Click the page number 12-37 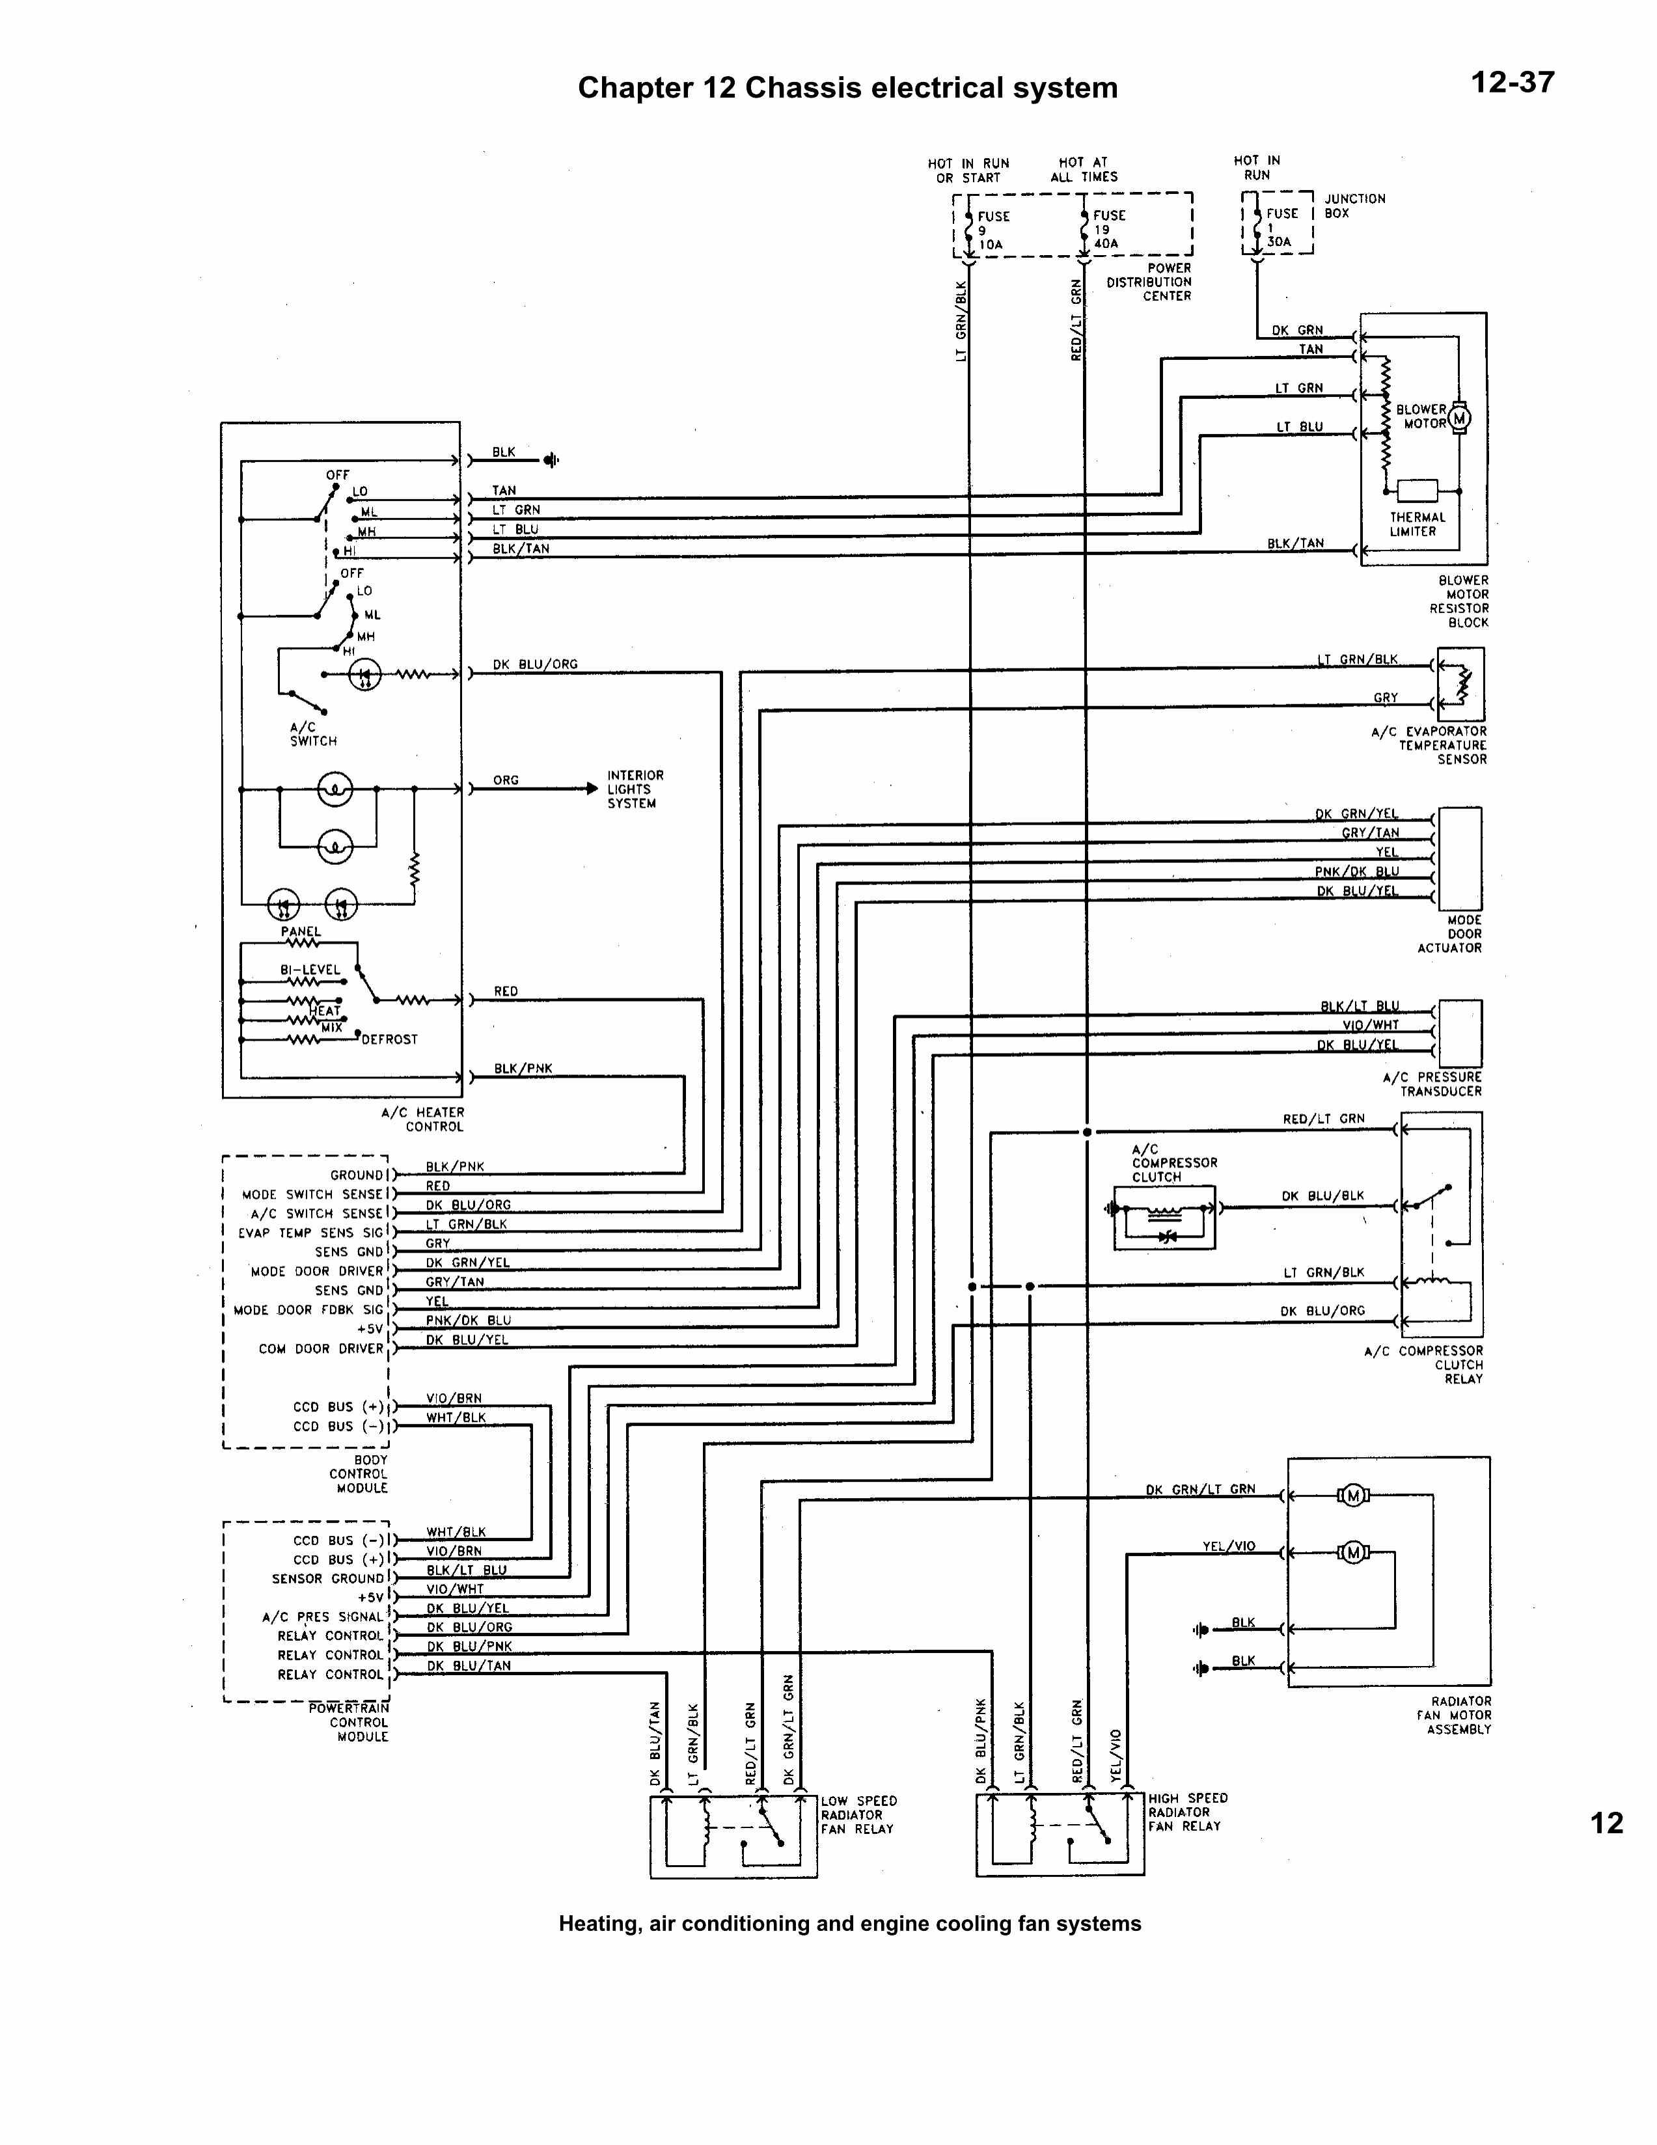coord(1512,83)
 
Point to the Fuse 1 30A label coord(1281,227)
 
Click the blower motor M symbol coord(1458,418)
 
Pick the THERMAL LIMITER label coord(1416,525)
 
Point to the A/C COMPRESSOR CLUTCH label coord(1173,1163)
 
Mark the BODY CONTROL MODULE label coord(359,1474)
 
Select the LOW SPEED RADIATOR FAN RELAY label coord(858,1815)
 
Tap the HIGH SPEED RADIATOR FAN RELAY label coord(1186,1812)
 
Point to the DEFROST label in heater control coord(389,1039)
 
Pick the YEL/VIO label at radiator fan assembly coord(1229,1546)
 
